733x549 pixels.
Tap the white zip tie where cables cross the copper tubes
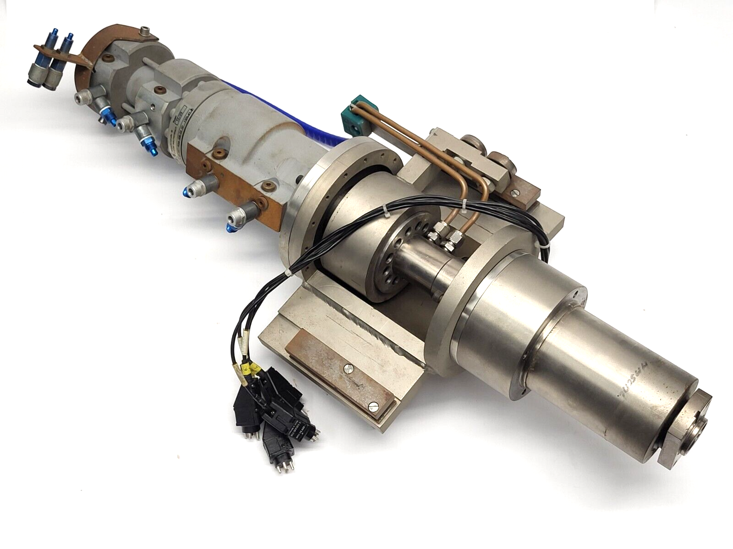(464, 201)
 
